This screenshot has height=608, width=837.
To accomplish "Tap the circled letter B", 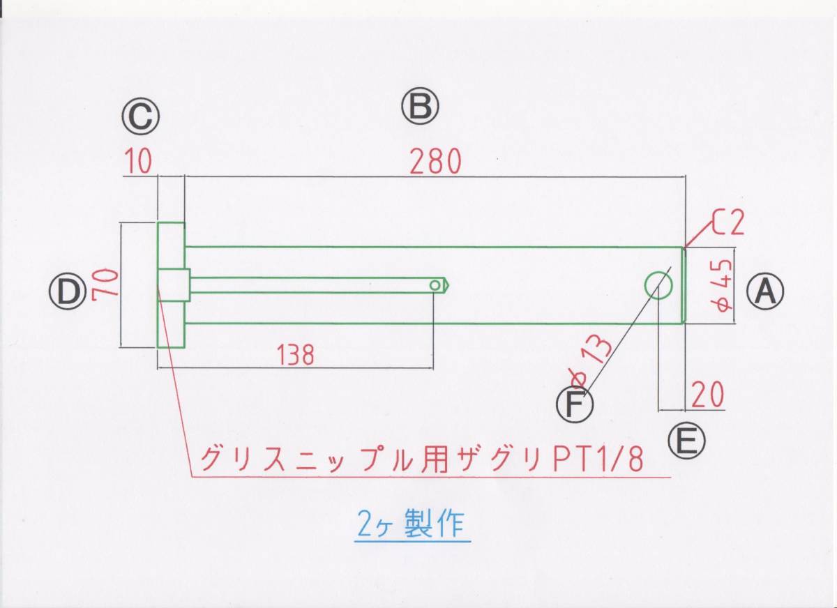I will [419, 107].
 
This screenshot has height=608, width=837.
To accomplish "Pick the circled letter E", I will [686, 440].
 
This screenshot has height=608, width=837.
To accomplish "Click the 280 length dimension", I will [436, 162].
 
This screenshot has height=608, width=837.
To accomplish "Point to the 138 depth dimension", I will [293, 355].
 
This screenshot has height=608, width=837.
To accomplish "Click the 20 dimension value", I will [707, 395].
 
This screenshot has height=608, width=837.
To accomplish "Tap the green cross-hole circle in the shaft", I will [658, 285].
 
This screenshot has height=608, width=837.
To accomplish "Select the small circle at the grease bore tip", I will [435, 285].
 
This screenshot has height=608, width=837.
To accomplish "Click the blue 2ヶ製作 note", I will [409, 524].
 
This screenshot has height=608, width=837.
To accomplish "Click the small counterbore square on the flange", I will [173, 284].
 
